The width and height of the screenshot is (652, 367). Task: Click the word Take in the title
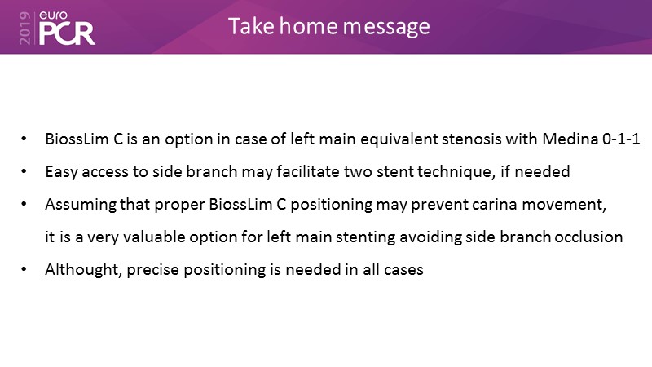coord(251,26)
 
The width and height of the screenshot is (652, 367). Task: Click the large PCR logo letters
coord(67,33)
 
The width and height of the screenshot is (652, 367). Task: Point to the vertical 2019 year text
coord(25,29)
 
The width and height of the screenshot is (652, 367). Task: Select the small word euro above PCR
coord(53,15)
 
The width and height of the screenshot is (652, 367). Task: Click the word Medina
coord(570,139)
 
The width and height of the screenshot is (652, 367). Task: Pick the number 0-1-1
coord(621,139)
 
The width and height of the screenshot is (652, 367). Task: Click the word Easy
coord(62,172)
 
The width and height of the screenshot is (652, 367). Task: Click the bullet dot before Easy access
coord(24,171)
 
